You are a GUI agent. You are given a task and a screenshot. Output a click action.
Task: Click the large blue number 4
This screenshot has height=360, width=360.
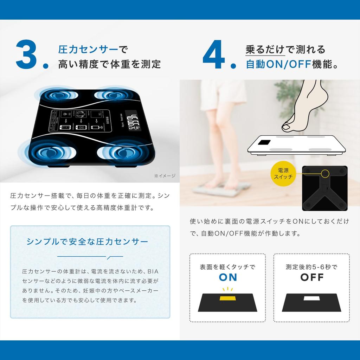[214, 54]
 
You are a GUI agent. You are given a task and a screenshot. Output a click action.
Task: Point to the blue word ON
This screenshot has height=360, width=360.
[228, 277]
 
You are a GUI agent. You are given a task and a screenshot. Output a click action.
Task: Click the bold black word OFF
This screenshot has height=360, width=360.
[312, 277]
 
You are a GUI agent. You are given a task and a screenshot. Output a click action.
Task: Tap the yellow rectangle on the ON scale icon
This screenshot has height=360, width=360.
[227, 298]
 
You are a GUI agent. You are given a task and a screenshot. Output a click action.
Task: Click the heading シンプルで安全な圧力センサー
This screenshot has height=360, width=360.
[88, 242]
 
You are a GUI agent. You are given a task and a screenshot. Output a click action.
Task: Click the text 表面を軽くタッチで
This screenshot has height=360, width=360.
[227, 267]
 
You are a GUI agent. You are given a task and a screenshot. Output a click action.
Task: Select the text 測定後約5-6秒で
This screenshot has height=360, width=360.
[312, 267]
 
